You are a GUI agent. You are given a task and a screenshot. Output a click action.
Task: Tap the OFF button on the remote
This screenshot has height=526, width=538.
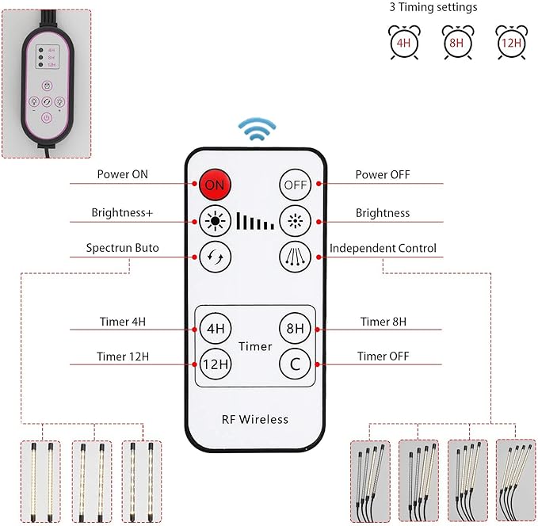point(295,185)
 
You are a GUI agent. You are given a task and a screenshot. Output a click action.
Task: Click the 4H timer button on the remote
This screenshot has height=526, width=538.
point(215,328)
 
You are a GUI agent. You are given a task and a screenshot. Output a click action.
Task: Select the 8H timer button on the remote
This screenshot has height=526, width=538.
point(295,328)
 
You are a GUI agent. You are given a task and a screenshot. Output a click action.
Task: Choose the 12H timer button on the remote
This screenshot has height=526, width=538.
point(215,364)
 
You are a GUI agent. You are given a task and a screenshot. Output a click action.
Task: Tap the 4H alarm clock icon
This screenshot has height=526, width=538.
point(402,42)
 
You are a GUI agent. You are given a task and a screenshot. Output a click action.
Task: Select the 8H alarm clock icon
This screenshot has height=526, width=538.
point(456,42)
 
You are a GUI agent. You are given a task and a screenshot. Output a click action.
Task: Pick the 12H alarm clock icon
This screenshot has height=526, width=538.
point(509,42)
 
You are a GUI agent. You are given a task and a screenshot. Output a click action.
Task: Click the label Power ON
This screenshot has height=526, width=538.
point(122,175)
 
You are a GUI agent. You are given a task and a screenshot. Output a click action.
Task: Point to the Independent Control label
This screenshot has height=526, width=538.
point(383,249)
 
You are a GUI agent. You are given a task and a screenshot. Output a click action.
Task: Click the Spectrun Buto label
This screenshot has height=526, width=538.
point(122,249)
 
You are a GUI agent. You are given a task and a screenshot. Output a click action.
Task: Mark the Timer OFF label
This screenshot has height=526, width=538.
point(383,356)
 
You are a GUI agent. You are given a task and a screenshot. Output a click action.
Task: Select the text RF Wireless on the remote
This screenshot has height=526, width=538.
point(256,419)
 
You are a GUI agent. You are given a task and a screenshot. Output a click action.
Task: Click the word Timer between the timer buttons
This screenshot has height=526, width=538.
point(255,346)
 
